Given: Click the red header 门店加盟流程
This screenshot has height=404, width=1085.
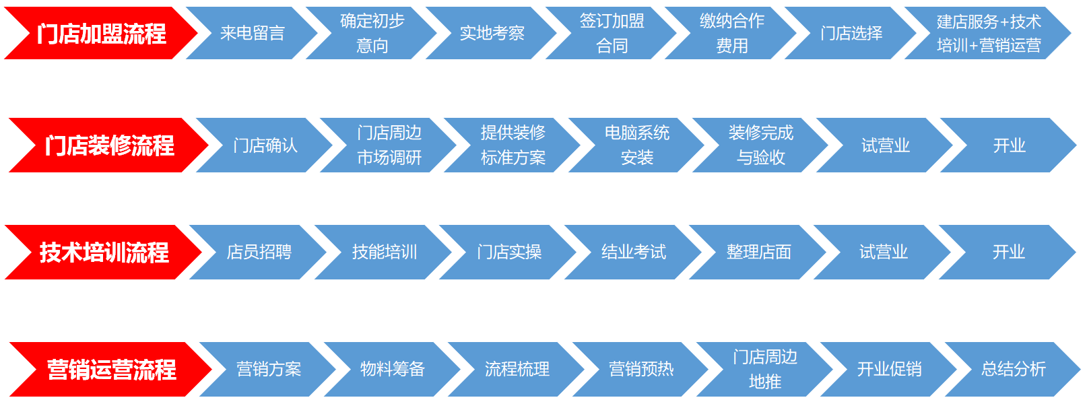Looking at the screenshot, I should pyautogui.click(x=101, y=33).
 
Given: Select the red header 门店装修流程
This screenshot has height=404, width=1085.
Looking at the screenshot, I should pyautogui.click(x=109, y=145).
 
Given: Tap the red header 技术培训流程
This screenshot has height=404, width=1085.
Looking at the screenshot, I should pyautogui.click(x=104, y=252).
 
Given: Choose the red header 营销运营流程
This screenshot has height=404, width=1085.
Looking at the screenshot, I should pyautogui.click(x=111, y=369).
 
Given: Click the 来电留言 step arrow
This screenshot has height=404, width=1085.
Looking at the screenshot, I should pyautogui.click(x=253, y=33).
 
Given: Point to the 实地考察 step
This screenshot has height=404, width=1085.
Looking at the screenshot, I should pyautogui.click(x=492, y=33).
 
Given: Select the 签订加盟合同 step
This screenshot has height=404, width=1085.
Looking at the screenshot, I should pyautogui.click(x=612, y=33).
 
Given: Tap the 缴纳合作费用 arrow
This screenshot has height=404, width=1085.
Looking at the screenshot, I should pyautogui.click(x=731, y=33).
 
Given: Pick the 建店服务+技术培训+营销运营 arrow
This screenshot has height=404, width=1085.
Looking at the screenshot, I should pyautogui.click(x=988, y=33).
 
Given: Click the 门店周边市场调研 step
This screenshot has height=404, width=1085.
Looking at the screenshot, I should pyautogui.click(x=389, y=145).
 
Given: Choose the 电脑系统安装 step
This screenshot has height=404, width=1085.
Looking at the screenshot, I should pyautogui.click(x=636, y=145).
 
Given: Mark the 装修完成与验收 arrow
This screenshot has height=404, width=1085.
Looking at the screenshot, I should pyautogui.click(x=760, y=145).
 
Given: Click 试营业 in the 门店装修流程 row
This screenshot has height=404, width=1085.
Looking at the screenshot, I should pyautogui.click(x=885, y=145).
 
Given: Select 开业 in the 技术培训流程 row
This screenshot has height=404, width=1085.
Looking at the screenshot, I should pyautogui.click(x=1008, y=252).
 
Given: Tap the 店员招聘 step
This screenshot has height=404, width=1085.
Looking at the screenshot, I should pyautogui.click(x=259, y=252).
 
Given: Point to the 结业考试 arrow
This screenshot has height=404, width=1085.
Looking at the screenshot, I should pyautogui.click(x=633, y=252).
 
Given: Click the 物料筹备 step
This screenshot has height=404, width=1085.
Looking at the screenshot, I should pyautogui.click(x=392, y=369).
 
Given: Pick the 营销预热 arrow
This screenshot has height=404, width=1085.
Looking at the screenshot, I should pyautogui.click(x=640, y=369).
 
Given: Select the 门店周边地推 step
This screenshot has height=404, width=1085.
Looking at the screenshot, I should pyautogui.click(x=764, y=369).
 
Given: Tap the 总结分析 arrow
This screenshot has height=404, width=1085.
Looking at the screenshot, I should pyautogui.click(x=1013, y=369).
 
